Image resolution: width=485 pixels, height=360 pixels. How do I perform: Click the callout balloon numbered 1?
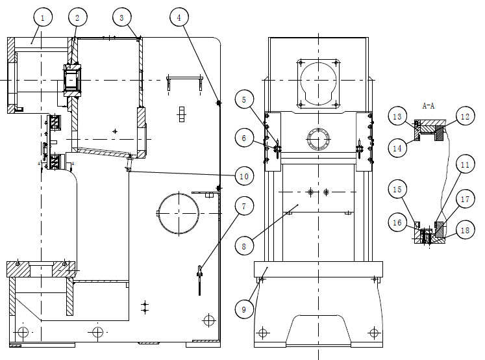point(43,18)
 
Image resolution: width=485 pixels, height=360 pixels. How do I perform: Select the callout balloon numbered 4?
point(179,18)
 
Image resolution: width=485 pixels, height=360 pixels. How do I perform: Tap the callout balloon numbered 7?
point(244,206)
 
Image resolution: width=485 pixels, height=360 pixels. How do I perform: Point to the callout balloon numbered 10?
point(244,176)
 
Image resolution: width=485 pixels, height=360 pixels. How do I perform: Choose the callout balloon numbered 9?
point(244,309)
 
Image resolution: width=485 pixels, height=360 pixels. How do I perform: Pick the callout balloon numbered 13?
point(397,116)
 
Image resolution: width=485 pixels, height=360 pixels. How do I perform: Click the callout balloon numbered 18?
point(465,230)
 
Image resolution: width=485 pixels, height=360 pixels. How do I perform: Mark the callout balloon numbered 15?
point(397,189)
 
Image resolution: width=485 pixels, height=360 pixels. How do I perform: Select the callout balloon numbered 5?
point(244,99)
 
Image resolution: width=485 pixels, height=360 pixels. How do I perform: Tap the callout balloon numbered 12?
point(465,116)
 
